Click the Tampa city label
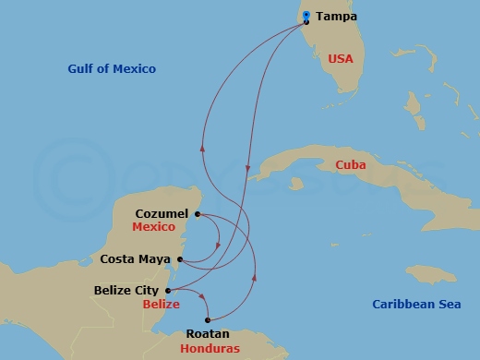(336, 17)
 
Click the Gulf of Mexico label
(112, 69)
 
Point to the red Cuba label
(351, 165)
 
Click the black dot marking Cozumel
(198, 214)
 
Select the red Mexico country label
(153, 227)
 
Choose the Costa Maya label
(135, 259)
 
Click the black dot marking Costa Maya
(180, 259)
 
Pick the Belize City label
(127, 290)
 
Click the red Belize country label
(162, 304)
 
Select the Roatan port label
(208, 333)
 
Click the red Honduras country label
(211, 348)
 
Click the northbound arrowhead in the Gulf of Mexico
(202, 147)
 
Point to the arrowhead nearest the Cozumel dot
(218, 246)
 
